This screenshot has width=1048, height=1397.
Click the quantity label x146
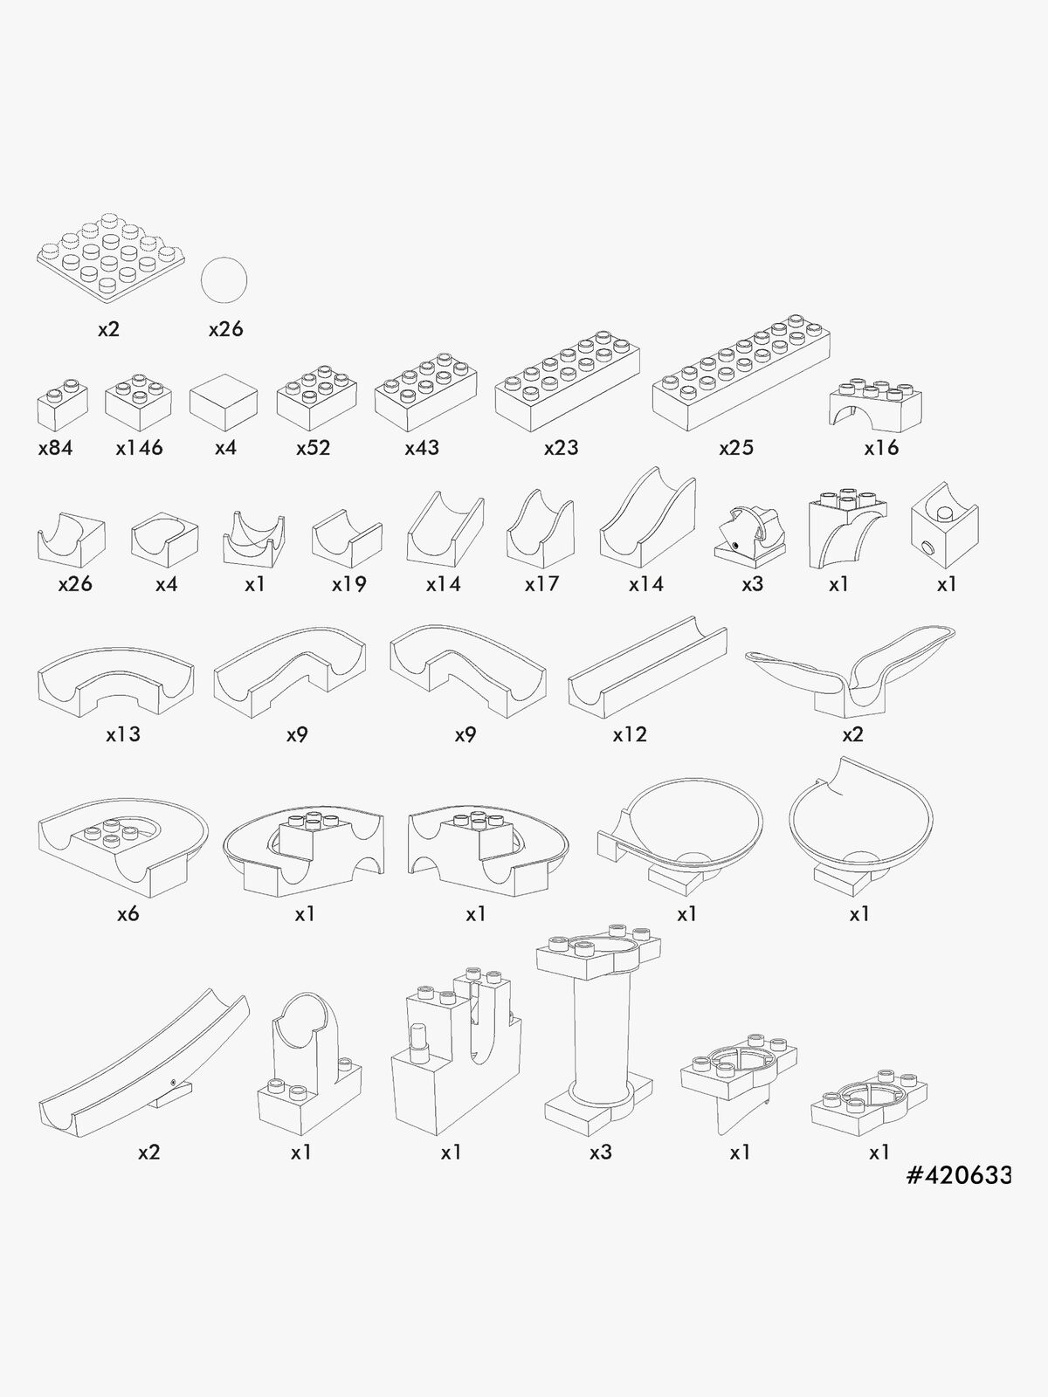click(x=140, y=448)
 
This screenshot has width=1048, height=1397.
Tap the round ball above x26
click(x=224, y=280)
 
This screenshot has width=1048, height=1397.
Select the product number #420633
click(x=959, y=1175)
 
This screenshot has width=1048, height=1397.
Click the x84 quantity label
click(x=55, y=448)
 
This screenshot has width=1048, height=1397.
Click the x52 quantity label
click(x=313, y=448)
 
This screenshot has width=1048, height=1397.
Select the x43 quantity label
click(x=422, y=448)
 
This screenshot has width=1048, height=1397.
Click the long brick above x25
click(x=741, y=372)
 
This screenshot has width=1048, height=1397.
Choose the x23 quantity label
click(x=562, y=448)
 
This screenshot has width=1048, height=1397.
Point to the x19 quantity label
click(x=348, y=584)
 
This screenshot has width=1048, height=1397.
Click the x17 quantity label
click(x=541, y=584)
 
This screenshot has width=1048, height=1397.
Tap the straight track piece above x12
click(x=648, y=668)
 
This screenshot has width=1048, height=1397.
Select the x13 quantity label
click(x=123, y=734)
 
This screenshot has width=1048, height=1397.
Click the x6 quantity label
click(x=128, y=914)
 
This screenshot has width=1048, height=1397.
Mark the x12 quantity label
click(x=630, y=734)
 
